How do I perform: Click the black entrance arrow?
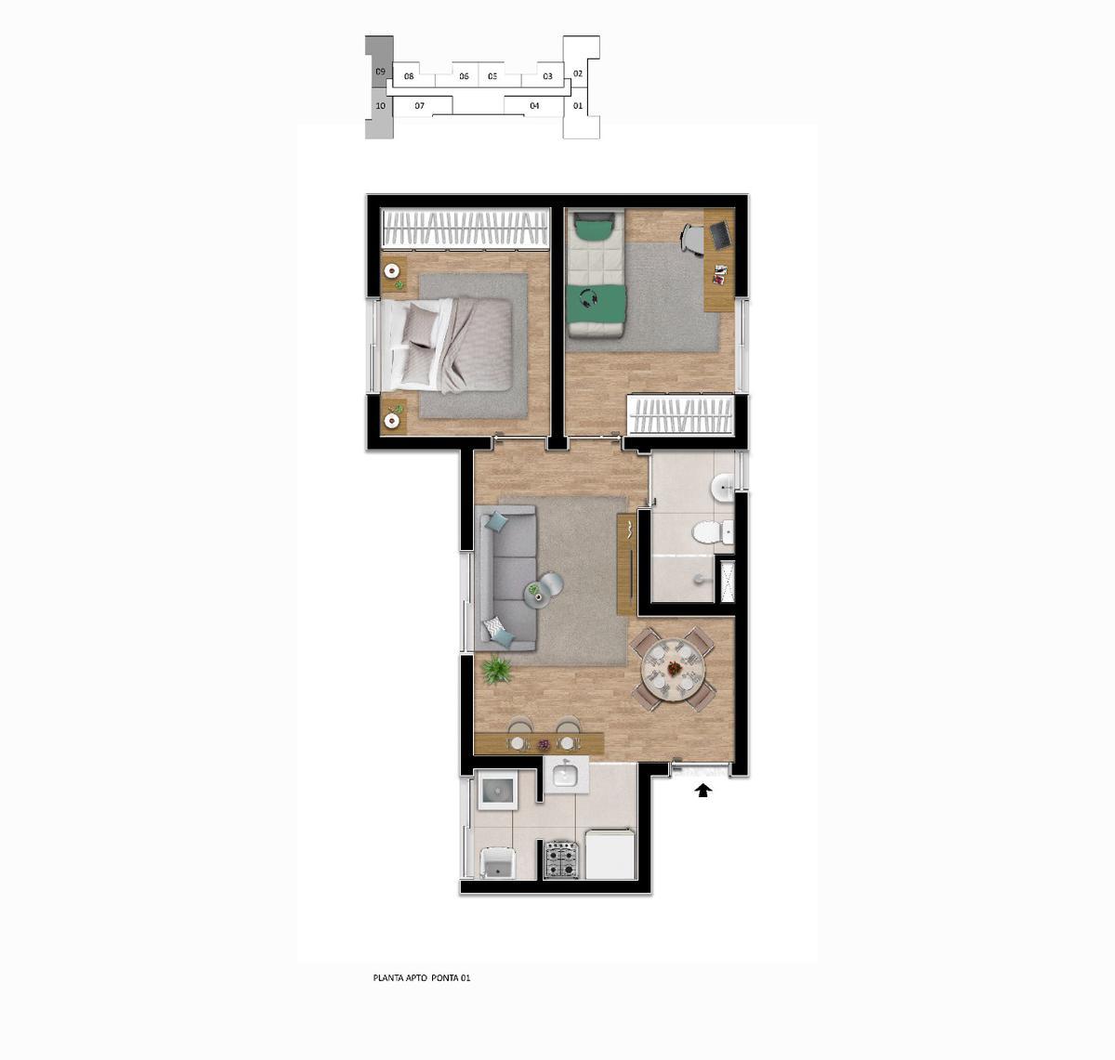click(703, 790)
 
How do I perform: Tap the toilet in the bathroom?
click(713, 532)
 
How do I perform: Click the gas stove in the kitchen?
click(561, 859)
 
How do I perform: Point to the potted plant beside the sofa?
click(497, 670)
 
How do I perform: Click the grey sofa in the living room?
click(505, 578)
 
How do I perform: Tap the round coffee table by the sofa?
click(549, 584)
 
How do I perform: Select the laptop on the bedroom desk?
click(720, 235)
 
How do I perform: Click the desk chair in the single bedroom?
click(693, 237)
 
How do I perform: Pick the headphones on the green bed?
click(591, 297)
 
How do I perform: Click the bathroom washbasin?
click(723, 487)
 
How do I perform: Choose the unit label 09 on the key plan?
click(380, 72)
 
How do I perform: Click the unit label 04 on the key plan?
click(534, 106)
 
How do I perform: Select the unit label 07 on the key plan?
click(419, 106)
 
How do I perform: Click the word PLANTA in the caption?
click(388, 977)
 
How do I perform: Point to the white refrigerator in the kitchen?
click(610, 854)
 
